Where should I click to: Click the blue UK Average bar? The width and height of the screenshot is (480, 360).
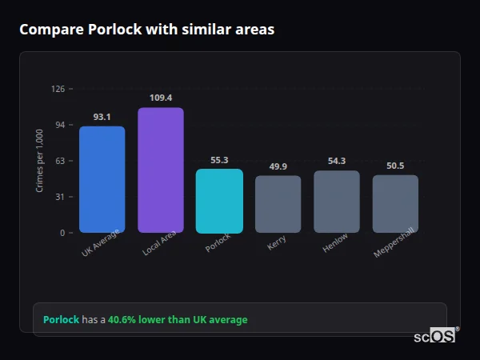click(102, 179)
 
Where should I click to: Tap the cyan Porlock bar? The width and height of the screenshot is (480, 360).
click(219, 201)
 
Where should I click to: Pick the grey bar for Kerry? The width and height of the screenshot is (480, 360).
click(278, 204)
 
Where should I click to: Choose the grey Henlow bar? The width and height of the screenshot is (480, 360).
click(337, 202)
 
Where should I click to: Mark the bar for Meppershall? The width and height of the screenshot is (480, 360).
click(395, 204)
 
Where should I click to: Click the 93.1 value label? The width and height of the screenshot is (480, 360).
click(102, 117)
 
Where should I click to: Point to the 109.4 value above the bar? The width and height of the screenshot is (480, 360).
click(161, 98)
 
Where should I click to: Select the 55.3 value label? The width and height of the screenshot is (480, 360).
click(219, 160)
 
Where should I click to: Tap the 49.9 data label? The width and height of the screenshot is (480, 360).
click(278, 166)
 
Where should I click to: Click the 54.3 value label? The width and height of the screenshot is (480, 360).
click(337, 162)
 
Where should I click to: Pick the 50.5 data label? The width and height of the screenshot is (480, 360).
click(395, 166)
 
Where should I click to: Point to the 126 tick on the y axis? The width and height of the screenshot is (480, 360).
click(58, 89)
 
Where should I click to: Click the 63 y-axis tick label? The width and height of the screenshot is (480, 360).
click(59, 161)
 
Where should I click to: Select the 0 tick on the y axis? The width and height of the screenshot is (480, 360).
click(62, 233)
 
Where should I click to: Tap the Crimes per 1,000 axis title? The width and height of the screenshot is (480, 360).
click(39, 161)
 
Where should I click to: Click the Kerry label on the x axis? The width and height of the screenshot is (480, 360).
click(277, 243)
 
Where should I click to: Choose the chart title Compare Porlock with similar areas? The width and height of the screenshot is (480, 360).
click(146, 30)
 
